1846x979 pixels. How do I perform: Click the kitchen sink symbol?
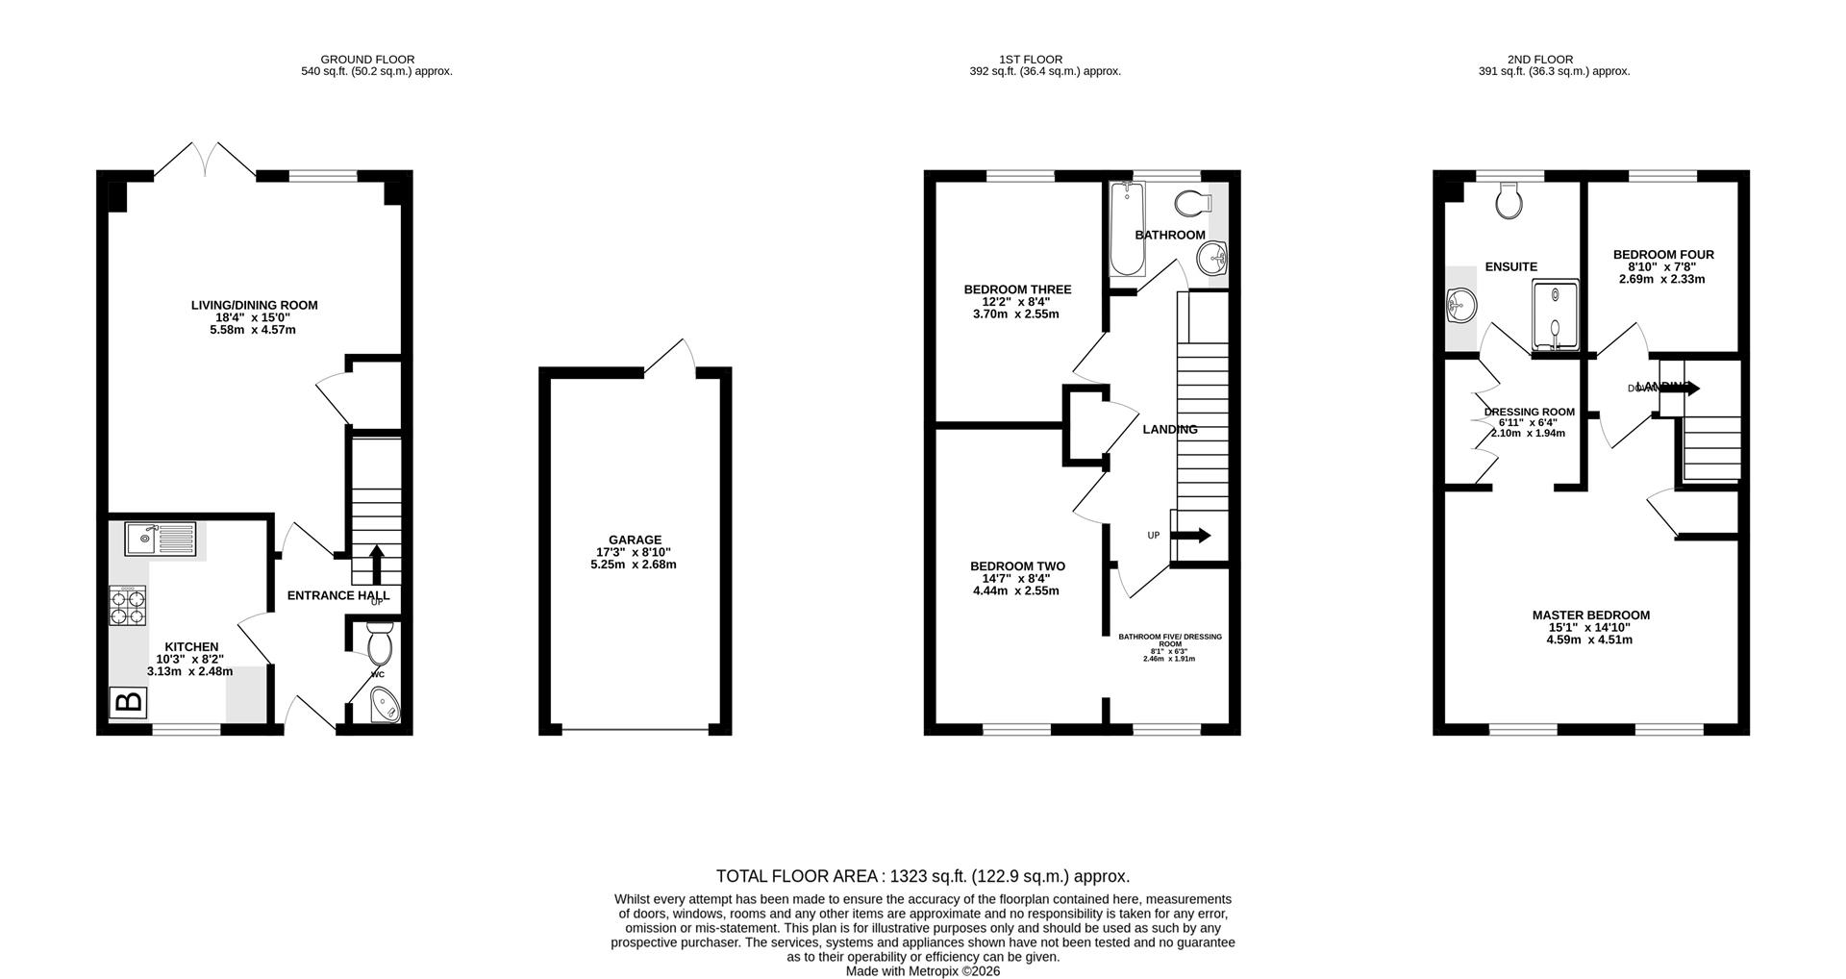coord(160,540)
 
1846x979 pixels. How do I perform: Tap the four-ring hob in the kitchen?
coord(129,606)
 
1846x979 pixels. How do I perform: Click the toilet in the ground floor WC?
coord(380,644)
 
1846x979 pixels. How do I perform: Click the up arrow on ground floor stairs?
coord(376,564)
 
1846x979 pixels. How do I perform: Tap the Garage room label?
coord(635,540)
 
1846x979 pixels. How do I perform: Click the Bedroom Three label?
coord(1017,289)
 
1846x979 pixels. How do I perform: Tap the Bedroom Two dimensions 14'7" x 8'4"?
coord(1016,579)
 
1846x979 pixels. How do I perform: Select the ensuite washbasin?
coord(1459,306)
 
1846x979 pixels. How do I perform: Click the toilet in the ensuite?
coord(1509,201)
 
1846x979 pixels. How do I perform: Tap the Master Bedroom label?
coord(1590,615)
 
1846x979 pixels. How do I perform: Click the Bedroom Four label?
coord(1663,255)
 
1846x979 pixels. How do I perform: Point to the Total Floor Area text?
coord(922,876)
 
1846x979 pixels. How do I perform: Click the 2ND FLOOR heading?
coord(1554,60)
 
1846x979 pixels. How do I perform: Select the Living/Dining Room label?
coord(254,306)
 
